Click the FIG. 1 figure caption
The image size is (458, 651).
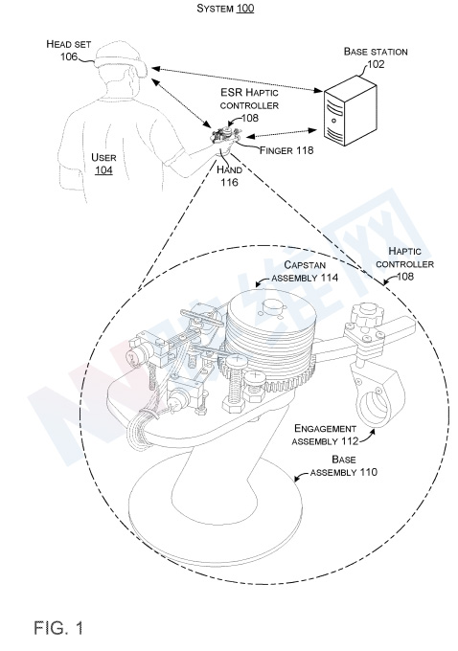point(58,627)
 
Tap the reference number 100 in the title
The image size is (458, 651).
point(245,9)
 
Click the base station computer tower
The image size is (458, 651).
point(350,110)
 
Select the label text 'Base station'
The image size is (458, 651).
point(376,52)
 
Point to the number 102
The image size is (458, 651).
point(376,64)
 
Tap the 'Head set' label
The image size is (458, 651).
point(69,44)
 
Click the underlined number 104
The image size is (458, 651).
point(103,170)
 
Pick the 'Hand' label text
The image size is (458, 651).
point(229,169)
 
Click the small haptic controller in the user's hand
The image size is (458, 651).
point(227,135)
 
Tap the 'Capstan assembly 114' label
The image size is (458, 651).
point(305,271)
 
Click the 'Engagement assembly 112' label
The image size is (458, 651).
point(325,435)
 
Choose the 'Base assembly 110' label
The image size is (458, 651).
point(344,466)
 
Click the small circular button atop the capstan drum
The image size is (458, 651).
point(273,307)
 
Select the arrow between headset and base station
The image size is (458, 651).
point(237,79)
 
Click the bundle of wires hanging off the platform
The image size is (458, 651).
point(141,428)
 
